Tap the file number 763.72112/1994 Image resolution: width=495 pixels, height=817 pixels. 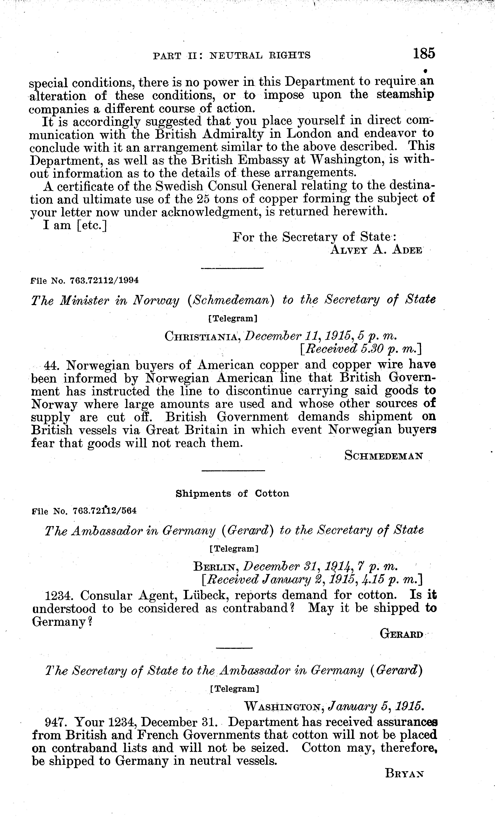point(104,280)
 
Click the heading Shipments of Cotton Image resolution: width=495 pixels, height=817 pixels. point(232,494)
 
